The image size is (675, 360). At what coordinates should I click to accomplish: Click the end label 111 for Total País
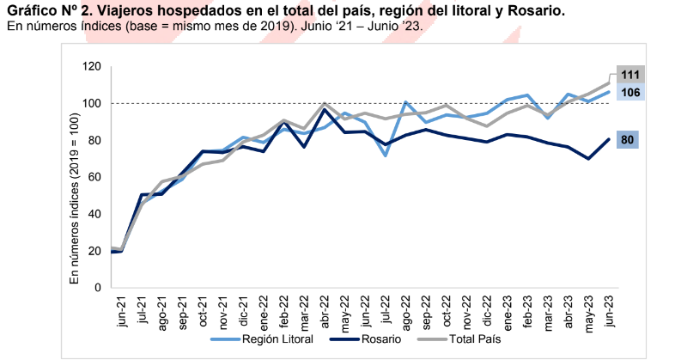coord(629,76)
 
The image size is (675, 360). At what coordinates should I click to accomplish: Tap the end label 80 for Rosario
coord(629,139)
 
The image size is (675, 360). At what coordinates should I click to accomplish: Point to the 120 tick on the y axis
coord(91,67)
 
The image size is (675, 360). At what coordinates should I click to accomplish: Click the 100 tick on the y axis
coord(91,104)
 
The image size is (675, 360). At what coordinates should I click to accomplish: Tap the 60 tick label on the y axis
coord(94,177)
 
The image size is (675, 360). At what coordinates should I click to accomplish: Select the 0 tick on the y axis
coord(97,288)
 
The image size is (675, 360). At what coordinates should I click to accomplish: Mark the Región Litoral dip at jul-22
coord(385,155)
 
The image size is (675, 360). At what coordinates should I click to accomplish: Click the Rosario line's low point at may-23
coord(588,158)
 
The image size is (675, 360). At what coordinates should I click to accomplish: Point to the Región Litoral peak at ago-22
coord(405,102)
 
